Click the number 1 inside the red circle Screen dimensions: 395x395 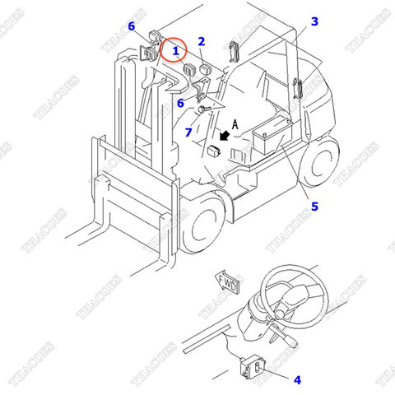coord(175,51)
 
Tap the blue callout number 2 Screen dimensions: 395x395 coord(202,41)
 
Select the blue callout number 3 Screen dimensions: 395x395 coord(314,21)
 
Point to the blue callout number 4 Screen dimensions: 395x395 coord(297,380)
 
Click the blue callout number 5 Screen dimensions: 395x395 coord(314,207)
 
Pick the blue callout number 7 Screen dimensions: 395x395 coord(188,132)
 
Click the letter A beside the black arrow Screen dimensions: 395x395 coord(235,124)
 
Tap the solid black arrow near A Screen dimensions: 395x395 coord(225,136)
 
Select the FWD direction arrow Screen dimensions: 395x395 coord(227,283)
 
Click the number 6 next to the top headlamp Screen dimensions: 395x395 coord(132,26)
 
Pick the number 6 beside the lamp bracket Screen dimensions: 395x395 coord(180,103)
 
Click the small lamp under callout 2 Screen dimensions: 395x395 coord(205,69)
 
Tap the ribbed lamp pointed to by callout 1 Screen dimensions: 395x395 coord(188,69)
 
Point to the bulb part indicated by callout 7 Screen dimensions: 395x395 coord(204,109)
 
